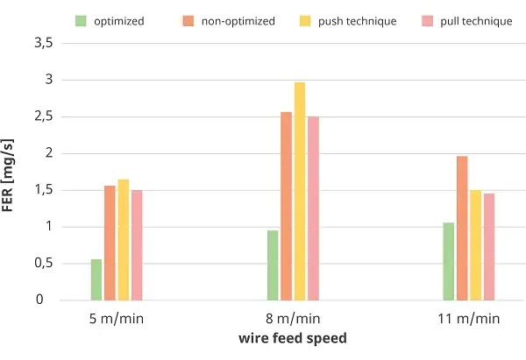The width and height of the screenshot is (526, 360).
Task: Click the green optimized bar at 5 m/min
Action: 96,280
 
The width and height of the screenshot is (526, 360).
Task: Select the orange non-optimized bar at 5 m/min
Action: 110,243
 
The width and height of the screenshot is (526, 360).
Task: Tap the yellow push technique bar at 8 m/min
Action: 300,192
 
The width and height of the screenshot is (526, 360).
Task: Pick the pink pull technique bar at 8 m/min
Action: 313,208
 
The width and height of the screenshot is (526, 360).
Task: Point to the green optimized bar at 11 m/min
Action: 449,261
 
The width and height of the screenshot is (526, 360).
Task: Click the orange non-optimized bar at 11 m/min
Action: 462,229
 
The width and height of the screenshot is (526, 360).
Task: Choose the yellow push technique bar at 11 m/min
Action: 475,245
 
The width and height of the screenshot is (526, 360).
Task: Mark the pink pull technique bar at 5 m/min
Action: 137,245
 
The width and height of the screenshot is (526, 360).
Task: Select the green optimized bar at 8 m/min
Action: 273,265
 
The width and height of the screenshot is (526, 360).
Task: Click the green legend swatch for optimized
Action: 81,21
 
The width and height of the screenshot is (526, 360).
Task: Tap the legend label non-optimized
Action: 238,21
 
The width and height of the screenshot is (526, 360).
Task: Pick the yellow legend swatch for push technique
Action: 305,21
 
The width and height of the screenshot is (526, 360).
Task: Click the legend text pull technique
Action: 476,21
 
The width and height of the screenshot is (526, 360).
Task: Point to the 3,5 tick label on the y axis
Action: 44,43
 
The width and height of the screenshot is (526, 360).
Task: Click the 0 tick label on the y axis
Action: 39,300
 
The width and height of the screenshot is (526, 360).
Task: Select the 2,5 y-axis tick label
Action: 44,116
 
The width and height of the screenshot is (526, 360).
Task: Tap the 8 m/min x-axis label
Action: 293,319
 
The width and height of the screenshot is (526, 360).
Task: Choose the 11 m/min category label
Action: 469,319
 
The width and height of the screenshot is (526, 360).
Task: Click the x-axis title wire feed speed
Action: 293,338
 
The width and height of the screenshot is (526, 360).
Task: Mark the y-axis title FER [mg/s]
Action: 8,175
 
